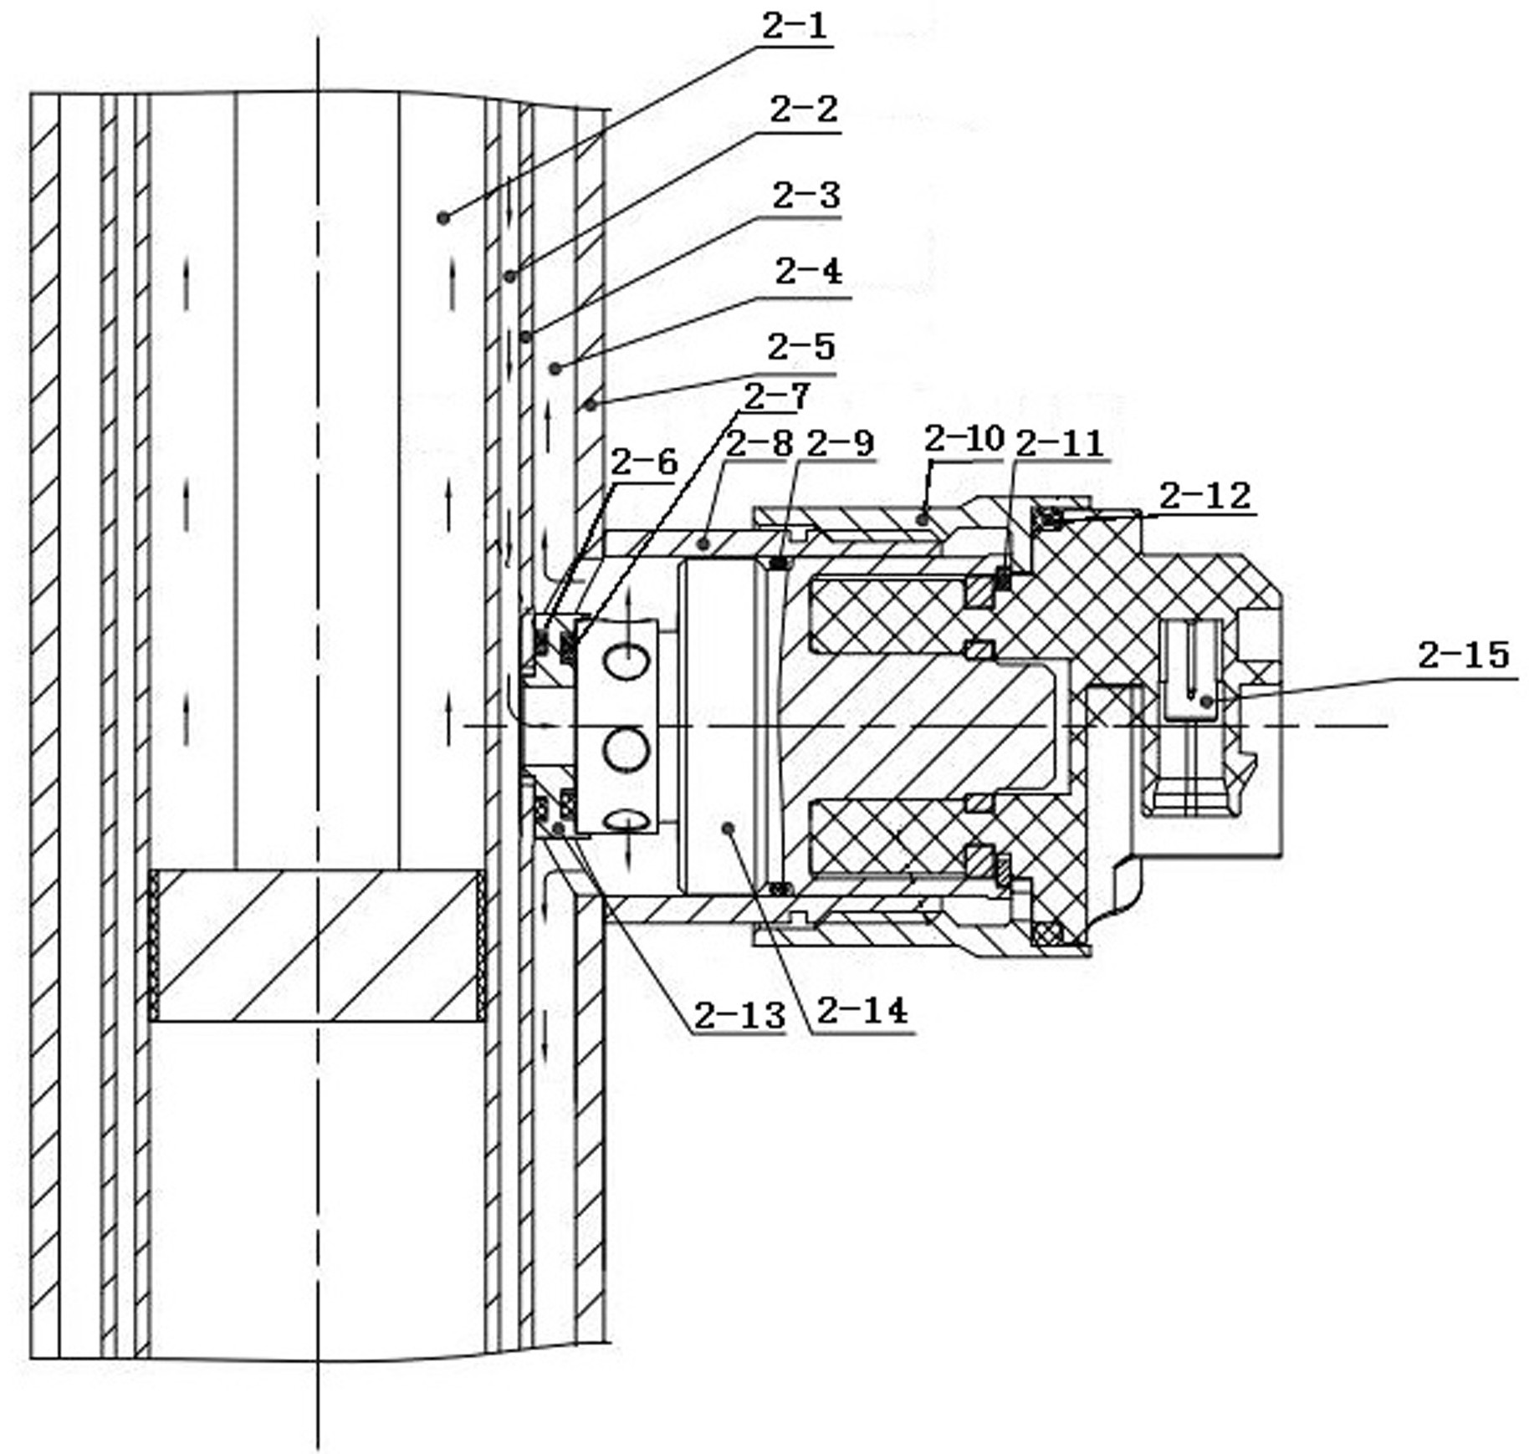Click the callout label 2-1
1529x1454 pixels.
(794, 27)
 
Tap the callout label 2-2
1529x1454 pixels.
(802, 110)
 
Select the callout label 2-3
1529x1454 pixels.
(805, 196)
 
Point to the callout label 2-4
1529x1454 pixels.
(808, 272)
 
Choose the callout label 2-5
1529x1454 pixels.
(801, 347)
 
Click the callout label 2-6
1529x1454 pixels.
(643, 462)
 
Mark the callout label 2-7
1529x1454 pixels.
(776, 396)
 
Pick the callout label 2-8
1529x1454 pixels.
(759, 444)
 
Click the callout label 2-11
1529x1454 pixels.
(1058, 444)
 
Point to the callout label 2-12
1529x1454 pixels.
(1204, 496)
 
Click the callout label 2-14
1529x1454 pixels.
(862, 1011)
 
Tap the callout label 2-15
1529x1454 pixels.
(1463, 655)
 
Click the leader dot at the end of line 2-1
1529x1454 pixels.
(443, 218)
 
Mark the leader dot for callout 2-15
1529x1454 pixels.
(1205, 701)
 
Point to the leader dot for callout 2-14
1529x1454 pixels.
(728, 828)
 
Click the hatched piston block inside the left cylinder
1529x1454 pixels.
(317, 946)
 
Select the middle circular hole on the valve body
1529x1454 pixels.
(627, 747)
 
